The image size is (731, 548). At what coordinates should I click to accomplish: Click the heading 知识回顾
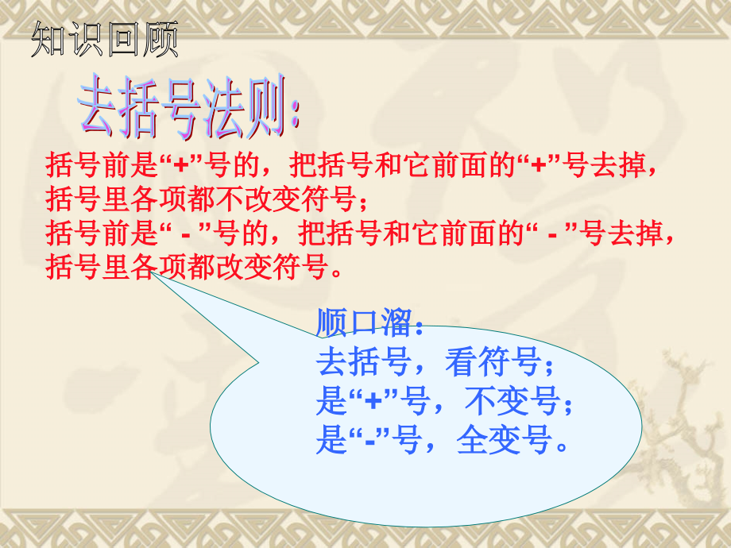[104, 41]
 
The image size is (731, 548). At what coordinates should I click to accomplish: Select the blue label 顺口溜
[364, 325]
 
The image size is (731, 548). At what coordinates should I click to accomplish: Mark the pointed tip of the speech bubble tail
[153, 276]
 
